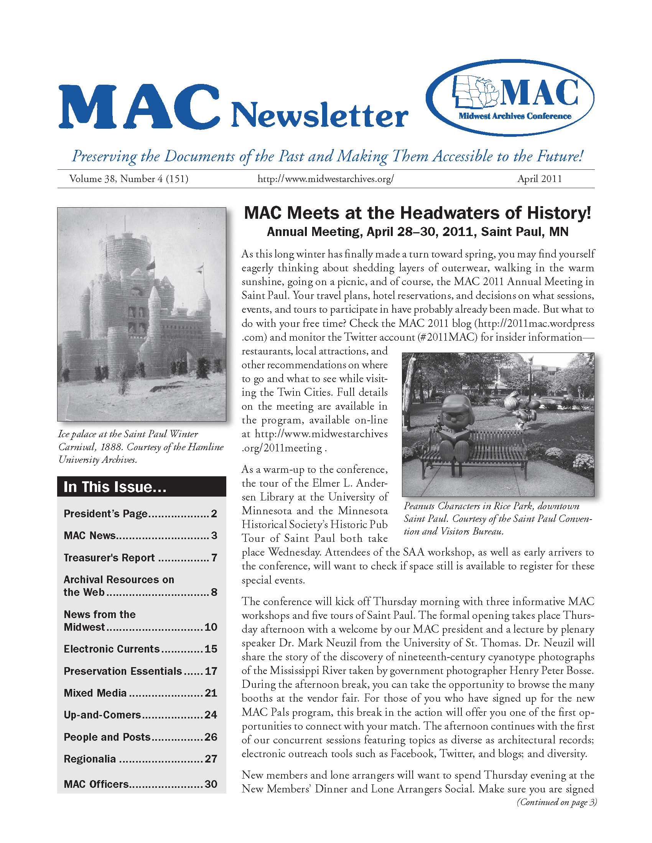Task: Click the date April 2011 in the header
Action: [x=539, y=179]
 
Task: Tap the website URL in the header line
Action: [x=325, y=179]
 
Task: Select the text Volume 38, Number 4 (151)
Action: [x=128, y=179]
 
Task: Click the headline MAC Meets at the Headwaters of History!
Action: [x=417, y=213]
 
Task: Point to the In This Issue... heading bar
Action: [x=142, y=486]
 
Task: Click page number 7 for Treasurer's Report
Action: [x=214, y=558]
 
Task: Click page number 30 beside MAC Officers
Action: [x=211, y=784]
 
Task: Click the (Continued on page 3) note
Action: [x=557, y=802]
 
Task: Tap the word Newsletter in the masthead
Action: [x=319, y=115]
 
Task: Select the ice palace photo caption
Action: [x=141, y=446]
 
